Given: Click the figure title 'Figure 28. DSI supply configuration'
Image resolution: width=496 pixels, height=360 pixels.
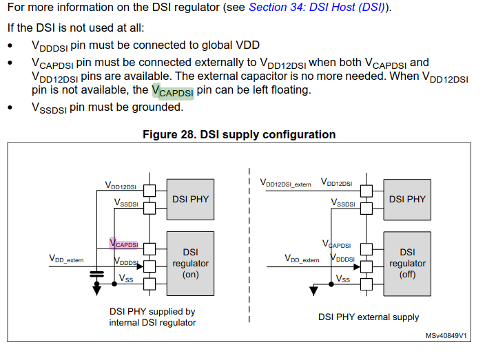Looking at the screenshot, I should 239,134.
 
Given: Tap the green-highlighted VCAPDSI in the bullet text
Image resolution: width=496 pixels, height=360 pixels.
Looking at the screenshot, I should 172,92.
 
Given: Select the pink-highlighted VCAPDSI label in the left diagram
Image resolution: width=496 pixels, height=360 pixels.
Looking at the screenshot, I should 124,244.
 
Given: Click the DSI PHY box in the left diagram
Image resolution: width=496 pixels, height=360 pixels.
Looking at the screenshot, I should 190,199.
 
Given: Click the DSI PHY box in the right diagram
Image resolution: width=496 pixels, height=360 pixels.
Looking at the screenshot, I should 407,199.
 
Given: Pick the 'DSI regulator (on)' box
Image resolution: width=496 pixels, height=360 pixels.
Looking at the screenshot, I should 190,263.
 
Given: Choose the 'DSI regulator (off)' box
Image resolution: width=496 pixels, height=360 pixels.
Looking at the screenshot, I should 407,263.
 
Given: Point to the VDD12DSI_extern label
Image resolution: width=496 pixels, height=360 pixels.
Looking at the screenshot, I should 285,184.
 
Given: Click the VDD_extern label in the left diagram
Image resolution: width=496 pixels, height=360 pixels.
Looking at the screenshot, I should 66,259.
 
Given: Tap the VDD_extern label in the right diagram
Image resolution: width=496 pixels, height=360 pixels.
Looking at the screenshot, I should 302,260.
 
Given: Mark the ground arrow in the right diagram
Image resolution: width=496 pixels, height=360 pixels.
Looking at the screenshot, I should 314,290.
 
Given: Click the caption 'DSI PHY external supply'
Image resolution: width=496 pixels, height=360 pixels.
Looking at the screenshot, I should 369,317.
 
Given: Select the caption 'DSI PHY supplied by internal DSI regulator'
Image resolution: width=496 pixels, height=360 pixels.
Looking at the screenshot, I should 152,317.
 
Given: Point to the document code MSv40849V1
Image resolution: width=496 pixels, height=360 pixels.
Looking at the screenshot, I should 446,336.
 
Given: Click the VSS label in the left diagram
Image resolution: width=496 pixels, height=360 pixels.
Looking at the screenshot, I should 127,279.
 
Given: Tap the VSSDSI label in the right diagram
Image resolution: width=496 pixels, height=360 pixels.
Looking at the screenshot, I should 342,203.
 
